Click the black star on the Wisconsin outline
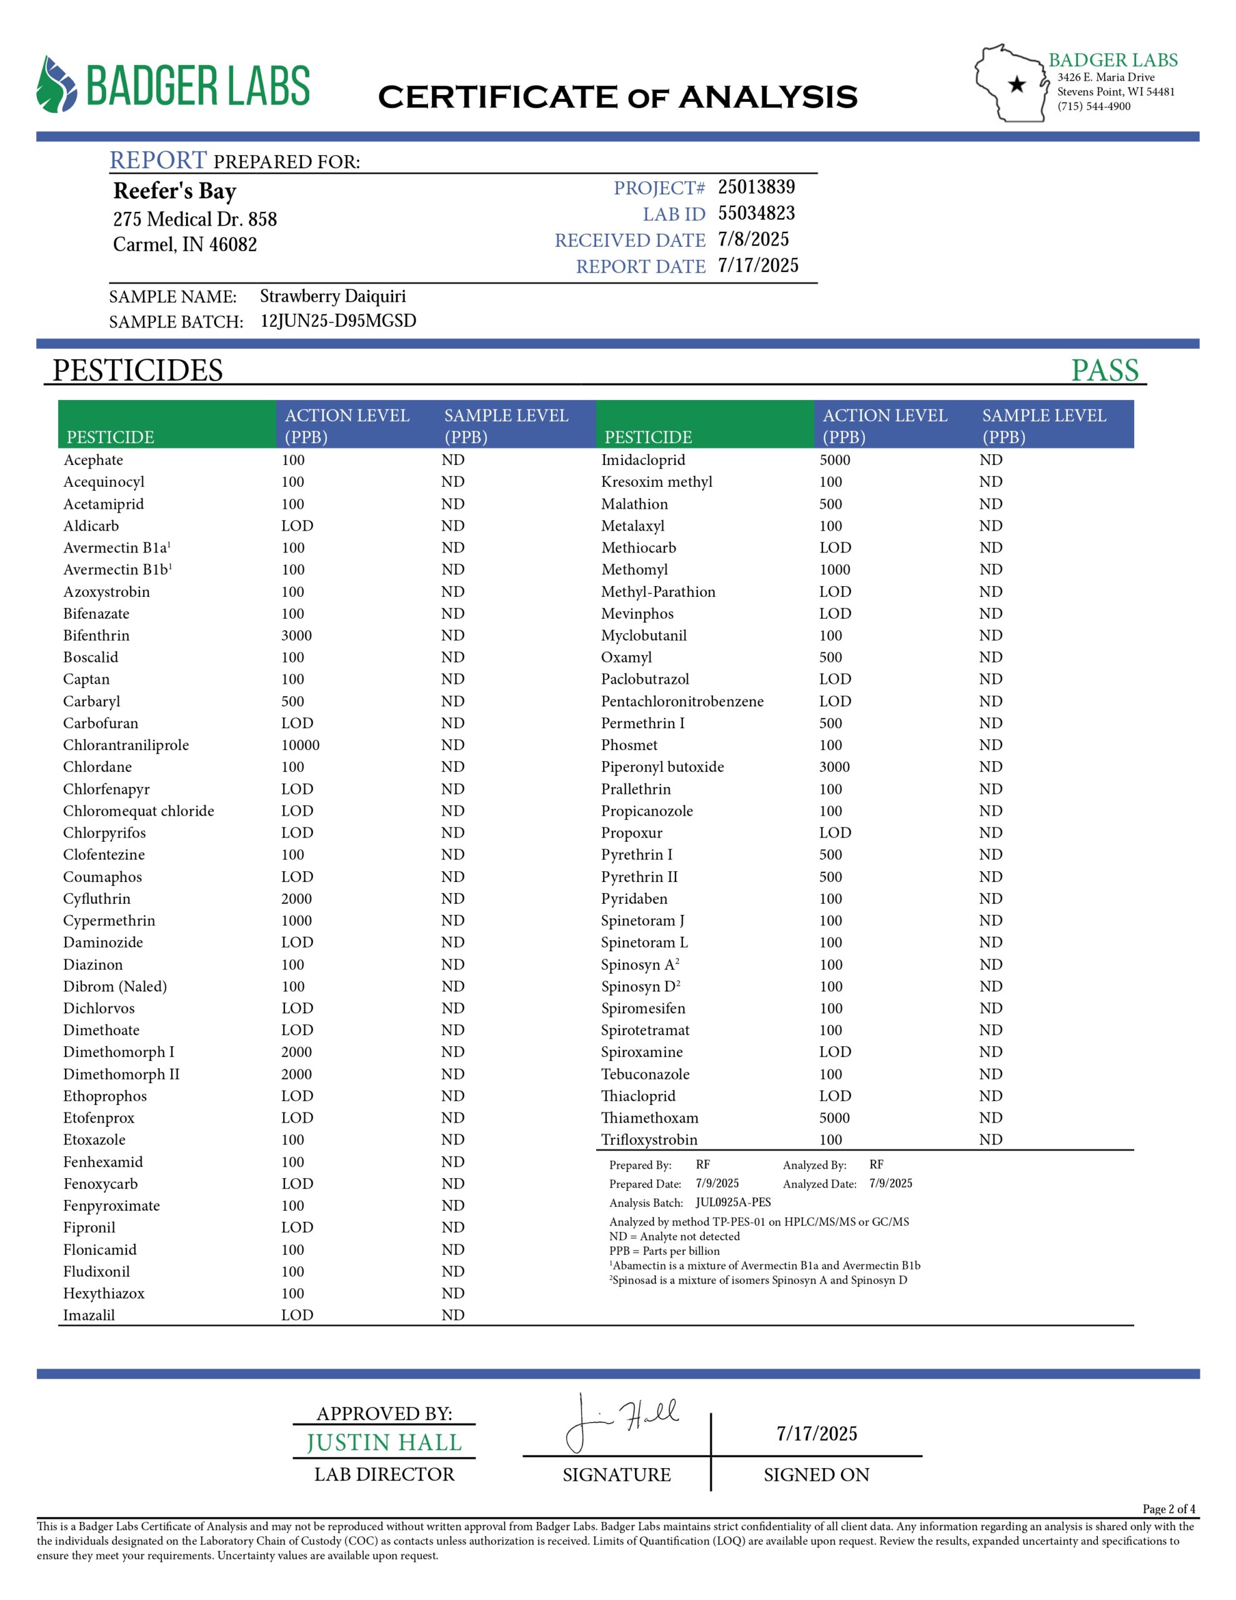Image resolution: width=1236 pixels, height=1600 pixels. click(x=1016, y=85)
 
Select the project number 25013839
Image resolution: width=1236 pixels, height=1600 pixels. click(x=755, y=187)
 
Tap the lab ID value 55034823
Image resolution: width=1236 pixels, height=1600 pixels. click(x=755, y=213)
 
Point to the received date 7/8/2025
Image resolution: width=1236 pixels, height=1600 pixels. click(x=752, y=239)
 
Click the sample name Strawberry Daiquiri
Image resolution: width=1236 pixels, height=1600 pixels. click(x=332, y=296)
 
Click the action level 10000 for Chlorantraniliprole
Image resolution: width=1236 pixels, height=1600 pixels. click(x=301, y=745)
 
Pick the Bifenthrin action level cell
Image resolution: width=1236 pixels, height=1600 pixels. click(x=297, y=635)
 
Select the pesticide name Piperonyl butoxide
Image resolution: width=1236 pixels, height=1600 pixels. click(x=662, y=767)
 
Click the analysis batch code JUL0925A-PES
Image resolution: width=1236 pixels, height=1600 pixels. click(x=732, y=1202)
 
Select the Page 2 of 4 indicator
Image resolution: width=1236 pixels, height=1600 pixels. click(x=1168, y=1508)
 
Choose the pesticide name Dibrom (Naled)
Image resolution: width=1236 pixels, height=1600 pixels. click(x=115, y=986)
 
